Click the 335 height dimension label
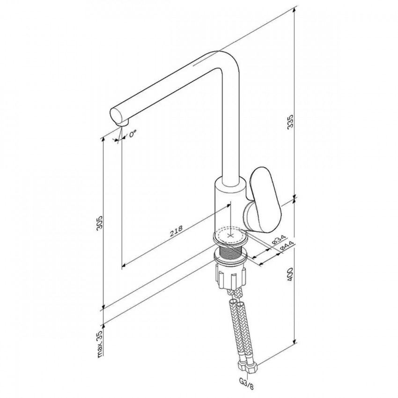pos(290,121)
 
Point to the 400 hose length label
pos(290,274)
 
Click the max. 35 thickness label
pos(100,344)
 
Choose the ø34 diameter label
pos(279,240)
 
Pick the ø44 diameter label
pos(287,247)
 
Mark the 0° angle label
pos(133,134)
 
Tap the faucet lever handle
pos(263,200)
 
